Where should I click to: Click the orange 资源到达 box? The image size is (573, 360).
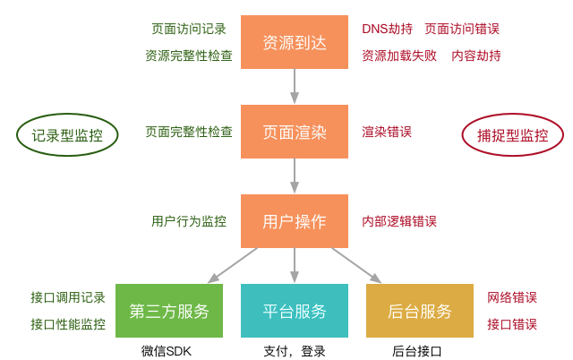click(294, 42)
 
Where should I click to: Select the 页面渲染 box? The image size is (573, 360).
click(294, 132)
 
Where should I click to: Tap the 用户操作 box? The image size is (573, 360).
click(294, 221)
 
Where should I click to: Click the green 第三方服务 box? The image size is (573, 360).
click(168, 311)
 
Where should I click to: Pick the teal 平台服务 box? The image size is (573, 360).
click(294, 311)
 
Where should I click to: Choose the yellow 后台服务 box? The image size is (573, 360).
click(419, 311)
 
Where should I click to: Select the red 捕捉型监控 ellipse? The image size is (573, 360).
click(513, 136)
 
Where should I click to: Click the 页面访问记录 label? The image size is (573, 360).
click(189, 29)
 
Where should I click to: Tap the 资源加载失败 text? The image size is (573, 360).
click(399, 56)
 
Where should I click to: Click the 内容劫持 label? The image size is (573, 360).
click(475, 56)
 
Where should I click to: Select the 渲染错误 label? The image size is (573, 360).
click(387, 132)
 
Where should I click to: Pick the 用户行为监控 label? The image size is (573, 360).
click(189, 221)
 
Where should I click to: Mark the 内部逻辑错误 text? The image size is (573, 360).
click(399, 221)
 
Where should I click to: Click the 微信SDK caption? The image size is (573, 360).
click(167, 351)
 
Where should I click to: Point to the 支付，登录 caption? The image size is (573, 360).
click(294, 351)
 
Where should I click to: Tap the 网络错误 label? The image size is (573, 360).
click(512, 297)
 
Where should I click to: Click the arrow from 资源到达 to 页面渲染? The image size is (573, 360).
click(294, 86)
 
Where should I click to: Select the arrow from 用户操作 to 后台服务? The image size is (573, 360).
click(357, 265)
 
